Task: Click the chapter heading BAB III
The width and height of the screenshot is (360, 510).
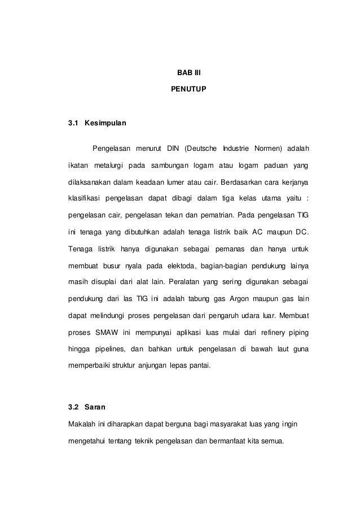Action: click(181, 73)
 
